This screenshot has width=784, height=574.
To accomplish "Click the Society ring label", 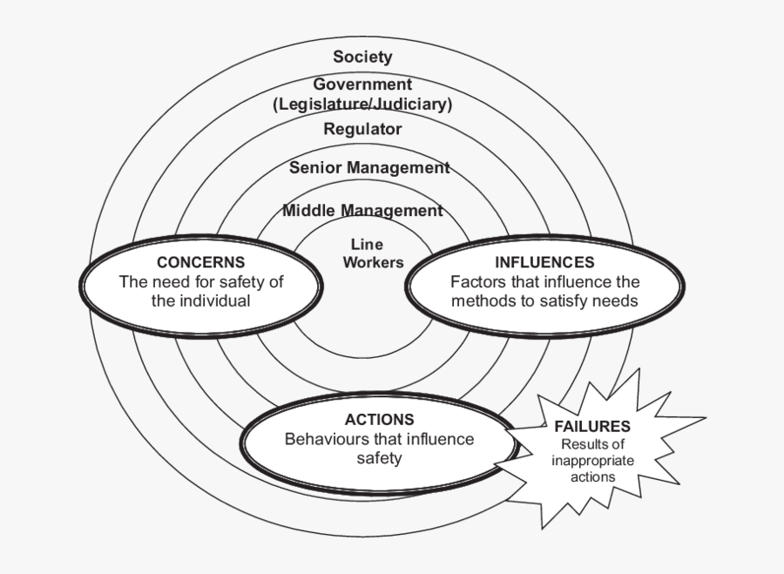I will [x=362, y=57].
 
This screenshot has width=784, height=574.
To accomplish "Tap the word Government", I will [x=362, y=84].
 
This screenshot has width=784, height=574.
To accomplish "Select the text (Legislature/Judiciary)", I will [x=362, y=104].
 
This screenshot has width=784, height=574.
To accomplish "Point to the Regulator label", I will [x=362, y=129].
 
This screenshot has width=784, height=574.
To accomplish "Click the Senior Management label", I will [x=369, y=167].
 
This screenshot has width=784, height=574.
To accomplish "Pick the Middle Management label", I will [x=362, y=210].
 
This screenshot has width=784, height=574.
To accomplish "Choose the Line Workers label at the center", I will [x=373, y=253].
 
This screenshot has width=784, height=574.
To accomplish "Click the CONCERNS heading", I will [x=200, y=262].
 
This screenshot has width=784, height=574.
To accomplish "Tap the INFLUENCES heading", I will [x=544, y=262].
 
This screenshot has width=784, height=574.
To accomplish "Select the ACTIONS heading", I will [x=379, y=420].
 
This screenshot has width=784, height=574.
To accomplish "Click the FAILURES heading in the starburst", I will [x=591, y=427].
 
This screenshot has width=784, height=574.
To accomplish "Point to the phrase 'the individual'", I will [x=200, y=301].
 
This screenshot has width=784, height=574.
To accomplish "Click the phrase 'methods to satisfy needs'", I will [x=544, y=301].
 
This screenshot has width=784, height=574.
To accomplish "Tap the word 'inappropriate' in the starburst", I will [x=592, y=461].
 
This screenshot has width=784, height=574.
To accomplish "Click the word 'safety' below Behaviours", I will [x=379, y=458].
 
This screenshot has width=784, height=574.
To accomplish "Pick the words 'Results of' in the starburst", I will [x=592, y=445].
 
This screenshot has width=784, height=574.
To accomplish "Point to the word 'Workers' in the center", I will [x=373, y=262].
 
